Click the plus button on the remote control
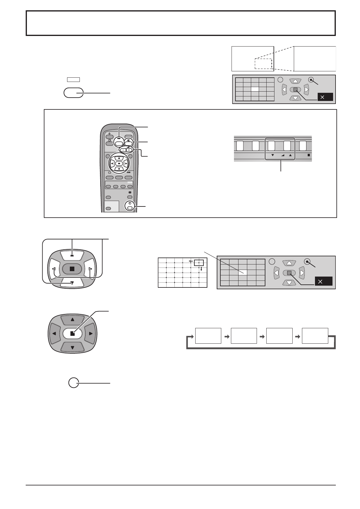coord(129,150)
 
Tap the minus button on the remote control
coord(123,150)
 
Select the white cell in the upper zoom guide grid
coord(255,89)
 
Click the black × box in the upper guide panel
coord(325,97)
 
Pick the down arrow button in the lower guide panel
coord(289,283)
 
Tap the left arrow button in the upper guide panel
coord(284,89)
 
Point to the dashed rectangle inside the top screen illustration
coord(263,64)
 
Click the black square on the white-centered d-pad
coord(72,334)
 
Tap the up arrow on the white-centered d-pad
coord(72,320)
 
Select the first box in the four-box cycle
coord(208,336)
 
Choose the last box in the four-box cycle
coord(315,336)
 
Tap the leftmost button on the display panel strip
coord(240,146)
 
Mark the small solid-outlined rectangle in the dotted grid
coord(199,262)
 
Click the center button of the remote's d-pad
coord(119,164)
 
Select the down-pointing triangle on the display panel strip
coord(272,155)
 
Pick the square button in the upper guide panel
coord(295,89)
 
